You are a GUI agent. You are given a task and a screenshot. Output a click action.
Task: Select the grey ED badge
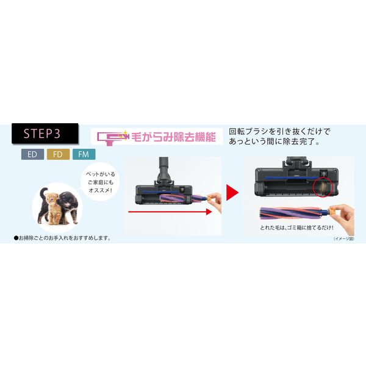(x=32, y=154)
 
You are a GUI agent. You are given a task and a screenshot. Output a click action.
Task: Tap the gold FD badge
(x=57, y=154)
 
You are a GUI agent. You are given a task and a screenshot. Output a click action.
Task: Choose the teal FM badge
(x=82, y=154)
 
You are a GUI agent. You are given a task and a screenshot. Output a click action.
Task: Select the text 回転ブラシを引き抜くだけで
(x=279, y=131)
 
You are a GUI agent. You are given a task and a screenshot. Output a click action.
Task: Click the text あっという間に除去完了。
(x=273, y=142)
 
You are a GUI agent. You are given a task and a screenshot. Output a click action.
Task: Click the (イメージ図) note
(x=343, y=239)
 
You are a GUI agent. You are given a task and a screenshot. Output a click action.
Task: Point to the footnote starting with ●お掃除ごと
(x=62, y=237)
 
